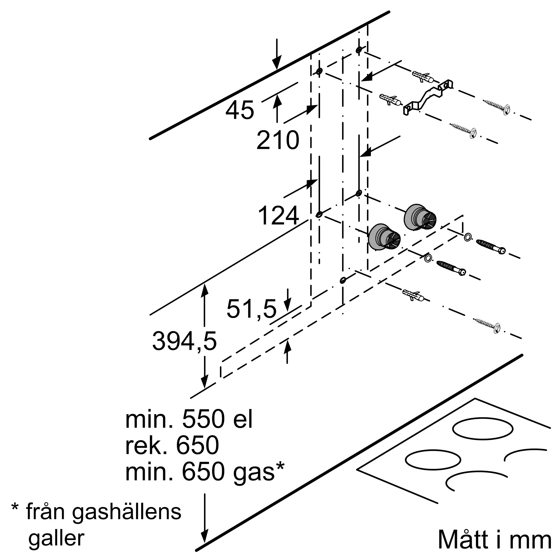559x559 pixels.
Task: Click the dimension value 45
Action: click(x=240, y=110)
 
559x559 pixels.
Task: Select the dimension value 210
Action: click(x=278, y=140)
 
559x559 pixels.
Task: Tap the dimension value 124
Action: click(x=278, y=215)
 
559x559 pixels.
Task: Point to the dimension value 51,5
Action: click(x=252, y=309)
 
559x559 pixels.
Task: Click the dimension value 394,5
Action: click(x=184, y=341)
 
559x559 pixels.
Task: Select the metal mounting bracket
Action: click(x=428, y=98)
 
